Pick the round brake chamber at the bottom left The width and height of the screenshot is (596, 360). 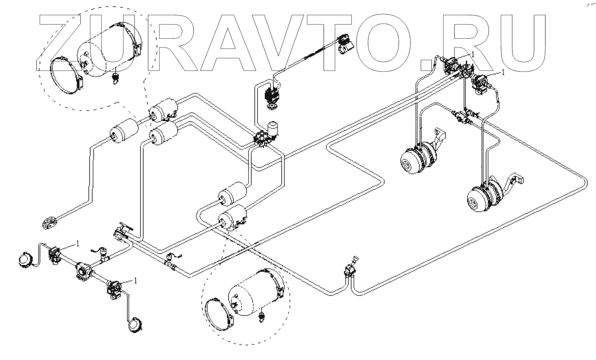coord(134,324)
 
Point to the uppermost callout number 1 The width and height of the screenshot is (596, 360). coord(473,53)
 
